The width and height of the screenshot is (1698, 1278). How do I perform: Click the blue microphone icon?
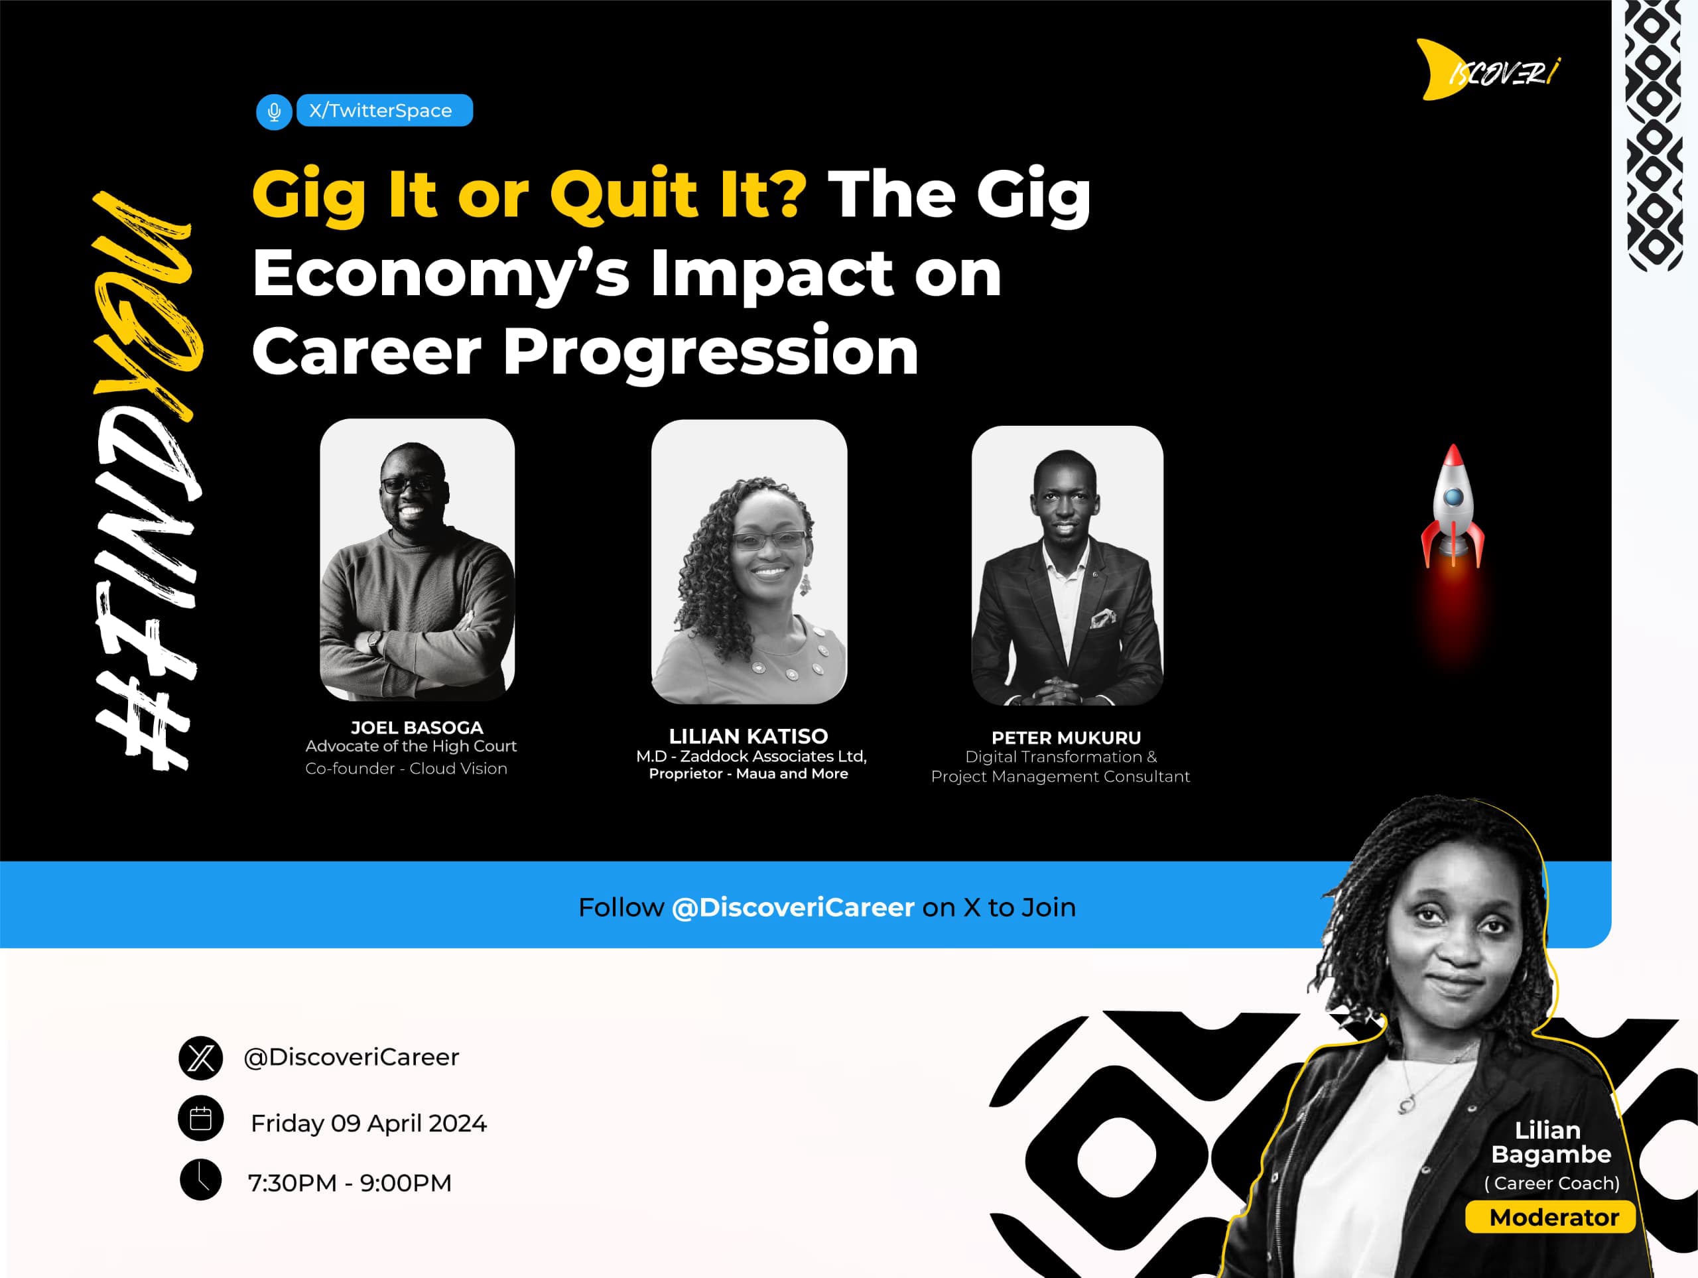[x=274, y=112]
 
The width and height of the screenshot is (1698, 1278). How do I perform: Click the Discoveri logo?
[x=1488, y=70]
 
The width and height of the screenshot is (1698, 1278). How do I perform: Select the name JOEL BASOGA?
[x=417, y=728]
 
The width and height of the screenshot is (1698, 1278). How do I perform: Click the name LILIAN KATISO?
[x=748, y=736]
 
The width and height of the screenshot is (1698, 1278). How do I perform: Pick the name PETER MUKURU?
[x=1067, y=737]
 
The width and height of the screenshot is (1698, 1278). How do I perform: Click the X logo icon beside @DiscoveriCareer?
[x=201, y=1058]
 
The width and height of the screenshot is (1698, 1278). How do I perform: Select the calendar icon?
[x=201, y=1119]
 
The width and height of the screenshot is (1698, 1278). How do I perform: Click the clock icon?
[x=201, y=1179]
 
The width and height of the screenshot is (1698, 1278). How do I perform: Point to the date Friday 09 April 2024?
[x=369, y=1123]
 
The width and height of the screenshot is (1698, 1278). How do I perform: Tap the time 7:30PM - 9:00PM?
[x=350, y=1182]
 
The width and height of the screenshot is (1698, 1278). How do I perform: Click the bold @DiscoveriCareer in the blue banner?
[x=793, y=907]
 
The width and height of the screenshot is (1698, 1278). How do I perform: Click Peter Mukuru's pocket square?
[x=1103, y=616]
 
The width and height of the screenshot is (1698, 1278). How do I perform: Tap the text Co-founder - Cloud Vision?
[x=406, y=769]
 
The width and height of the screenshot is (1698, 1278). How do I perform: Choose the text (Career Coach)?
[x=1552, y=1182]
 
